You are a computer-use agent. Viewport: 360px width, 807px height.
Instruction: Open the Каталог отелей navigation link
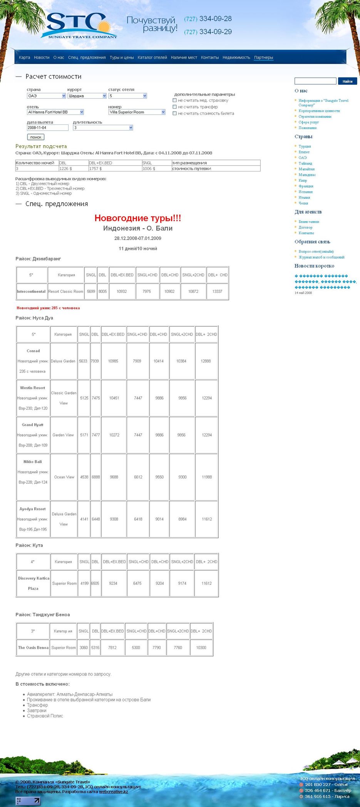point(152,58)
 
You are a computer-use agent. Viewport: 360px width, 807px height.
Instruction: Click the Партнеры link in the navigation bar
point(263,58)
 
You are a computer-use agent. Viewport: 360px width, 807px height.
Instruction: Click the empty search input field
point(315,81)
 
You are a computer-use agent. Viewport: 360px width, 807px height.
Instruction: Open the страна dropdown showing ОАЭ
point(47,96)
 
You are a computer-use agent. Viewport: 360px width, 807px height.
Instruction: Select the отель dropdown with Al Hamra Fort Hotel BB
point(55,112)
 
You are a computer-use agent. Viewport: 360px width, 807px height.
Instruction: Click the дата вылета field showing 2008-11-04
point(47,128)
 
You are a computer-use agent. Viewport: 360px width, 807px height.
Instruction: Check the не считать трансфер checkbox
point(175,107)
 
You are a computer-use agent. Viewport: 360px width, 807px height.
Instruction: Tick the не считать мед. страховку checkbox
point(175,101)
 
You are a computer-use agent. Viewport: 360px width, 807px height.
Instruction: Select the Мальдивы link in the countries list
point(307,175)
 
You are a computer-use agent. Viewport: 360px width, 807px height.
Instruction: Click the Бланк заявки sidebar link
point(309,222)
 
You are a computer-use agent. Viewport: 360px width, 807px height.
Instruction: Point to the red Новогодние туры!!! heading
point(138,218)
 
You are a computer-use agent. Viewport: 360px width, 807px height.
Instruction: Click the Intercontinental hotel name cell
point(31,292)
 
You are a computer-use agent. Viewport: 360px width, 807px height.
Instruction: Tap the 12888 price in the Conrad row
point(206,361)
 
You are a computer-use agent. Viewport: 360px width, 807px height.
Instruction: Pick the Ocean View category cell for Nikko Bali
point(64,477)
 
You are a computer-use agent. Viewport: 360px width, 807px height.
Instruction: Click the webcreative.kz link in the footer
point(113,792)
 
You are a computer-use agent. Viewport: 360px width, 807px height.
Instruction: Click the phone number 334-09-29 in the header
point(215,32)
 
